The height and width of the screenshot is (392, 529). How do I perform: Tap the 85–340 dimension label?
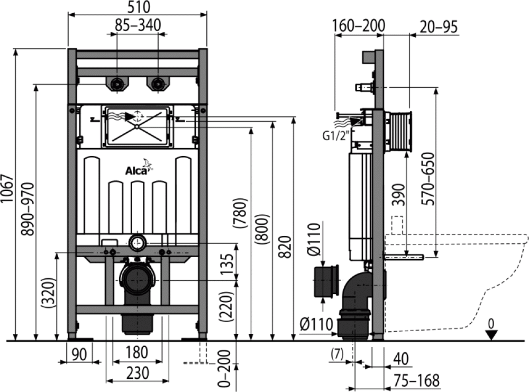point(138,25)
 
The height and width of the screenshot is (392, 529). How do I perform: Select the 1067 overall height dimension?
point(7,188)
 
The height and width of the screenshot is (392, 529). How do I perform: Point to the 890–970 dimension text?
point(28,209)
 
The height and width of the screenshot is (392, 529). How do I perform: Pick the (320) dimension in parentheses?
point(48,292)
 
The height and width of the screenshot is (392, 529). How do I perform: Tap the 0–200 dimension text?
point(224,368)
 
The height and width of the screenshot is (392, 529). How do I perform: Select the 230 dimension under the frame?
point(138,373)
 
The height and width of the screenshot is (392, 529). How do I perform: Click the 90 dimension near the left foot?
point(79,354)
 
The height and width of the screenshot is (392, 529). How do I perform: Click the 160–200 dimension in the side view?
point(359,25)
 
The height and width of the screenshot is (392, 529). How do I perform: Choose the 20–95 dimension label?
point(439,27)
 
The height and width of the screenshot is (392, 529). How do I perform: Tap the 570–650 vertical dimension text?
point(428,178)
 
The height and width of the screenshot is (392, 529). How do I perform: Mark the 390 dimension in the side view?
point(399,195)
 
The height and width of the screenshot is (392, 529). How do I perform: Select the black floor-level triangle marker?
point(491,335)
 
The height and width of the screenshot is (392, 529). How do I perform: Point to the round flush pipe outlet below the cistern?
point(138,243)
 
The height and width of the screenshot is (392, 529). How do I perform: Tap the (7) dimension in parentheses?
point(337,354)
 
